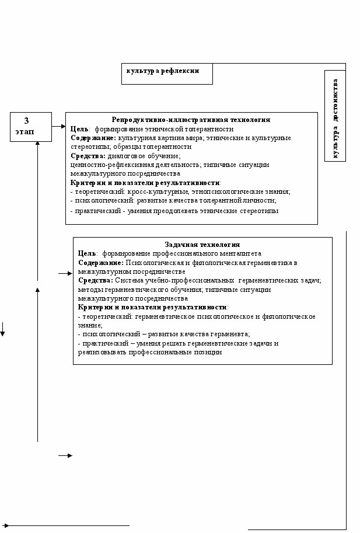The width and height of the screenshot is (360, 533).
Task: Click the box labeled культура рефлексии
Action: point(167,74)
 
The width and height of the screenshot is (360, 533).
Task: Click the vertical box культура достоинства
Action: point(335,116)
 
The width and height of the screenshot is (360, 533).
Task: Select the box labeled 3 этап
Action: point(32,126)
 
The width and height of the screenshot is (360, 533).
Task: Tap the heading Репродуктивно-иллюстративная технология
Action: point(191,120)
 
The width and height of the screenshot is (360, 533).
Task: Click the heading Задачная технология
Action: point(202,245)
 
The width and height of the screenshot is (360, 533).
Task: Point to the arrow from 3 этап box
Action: point(59,126)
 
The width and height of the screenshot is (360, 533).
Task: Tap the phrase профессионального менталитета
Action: point(217,254)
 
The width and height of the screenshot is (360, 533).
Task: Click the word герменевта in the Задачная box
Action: point(229,335)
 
